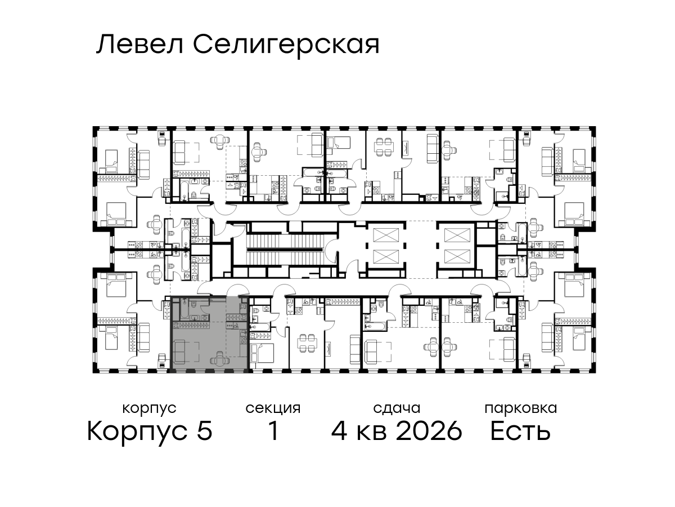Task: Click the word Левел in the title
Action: coord(140,45)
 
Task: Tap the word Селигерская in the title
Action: coord(286,47)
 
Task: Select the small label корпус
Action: coord(149,409)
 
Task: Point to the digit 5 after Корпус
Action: coord(205,431)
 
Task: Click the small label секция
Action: coord(273,409)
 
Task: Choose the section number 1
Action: coord(273,431)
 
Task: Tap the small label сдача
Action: coord(397,408)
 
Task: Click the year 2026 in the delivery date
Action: coord(429,431)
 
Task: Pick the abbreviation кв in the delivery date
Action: coord(371,433)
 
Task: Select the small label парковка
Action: coord(521,409)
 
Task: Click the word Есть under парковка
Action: coord(520,431)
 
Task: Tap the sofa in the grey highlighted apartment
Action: coord(179,352)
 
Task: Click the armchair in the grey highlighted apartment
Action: coord(219,358)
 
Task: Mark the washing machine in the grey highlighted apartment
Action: coord(205,318)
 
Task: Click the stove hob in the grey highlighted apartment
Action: coord(243,340)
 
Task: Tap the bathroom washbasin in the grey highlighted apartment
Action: coord(195,318)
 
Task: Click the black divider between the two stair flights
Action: coord(285,249)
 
